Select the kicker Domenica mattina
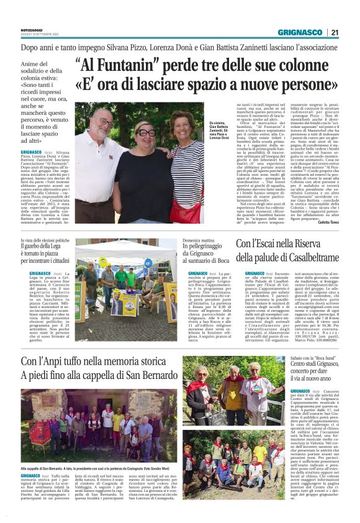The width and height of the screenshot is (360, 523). [x=199, y=240]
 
